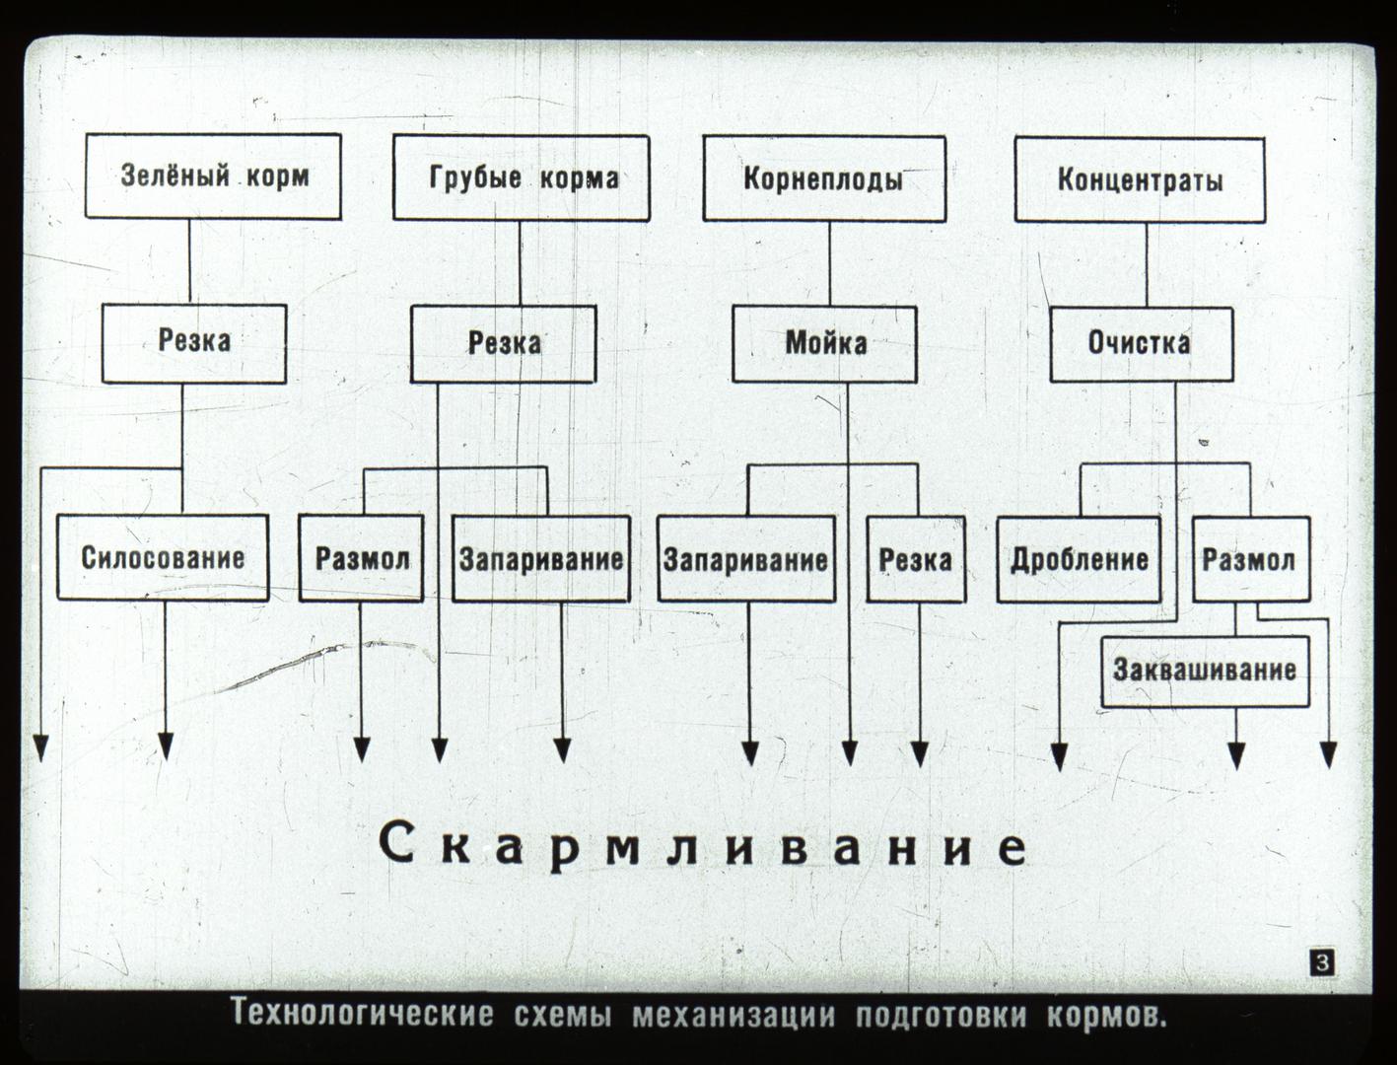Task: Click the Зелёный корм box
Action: (x=213, y=177)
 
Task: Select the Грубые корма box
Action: (x=522, y=177)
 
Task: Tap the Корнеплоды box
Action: (x=824, y=178)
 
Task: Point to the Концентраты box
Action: (x=1140, y=180)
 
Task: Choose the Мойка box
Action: (x=825, y=344)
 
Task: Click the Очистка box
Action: (x=1142, y=344)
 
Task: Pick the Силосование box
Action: (x=163, y=557)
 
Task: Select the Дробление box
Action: (x=1079, y=559)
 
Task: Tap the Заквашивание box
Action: (x=1206, y=671)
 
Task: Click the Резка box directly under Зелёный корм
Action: (x=194, y=343)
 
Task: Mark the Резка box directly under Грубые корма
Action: (x=504, y=344)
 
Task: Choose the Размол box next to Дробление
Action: (x=1251, y=559)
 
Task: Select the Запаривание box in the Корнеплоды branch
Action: (x=746, y=559)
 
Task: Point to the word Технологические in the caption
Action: (x=362, y=1014)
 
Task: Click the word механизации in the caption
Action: (x=733, y=1015)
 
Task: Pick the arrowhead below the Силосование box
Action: (x=166, y=747)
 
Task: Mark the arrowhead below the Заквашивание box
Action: (x=1236, y=756)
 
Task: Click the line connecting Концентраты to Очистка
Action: (x=1147, y=265)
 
